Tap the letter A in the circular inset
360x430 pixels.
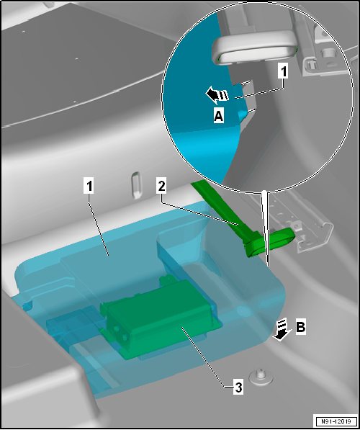(x=219, y=116)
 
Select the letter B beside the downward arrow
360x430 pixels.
(x=300, y=327)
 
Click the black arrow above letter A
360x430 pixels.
(x=217, y=95)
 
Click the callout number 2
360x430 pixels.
(x=162, y=187)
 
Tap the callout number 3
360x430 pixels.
(x=238, y=388)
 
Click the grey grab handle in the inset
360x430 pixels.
(x=255, y=48)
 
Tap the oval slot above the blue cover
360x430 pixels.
(x=136, y=185)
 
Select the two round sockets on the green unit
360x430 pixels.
(x=121, y=332)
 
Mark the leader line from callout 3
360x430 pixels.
(x=208, y=357)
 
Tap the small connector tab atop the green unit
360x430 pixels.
(x=168, y=279)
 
